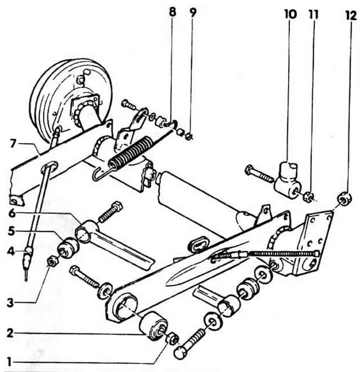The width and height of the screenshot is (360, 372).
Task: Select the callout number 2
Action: click(8, 332)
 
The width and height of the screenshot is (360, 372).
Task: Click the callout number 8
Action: click(172, 12)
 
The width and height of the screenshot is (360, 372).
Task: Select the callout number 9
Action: click(193, 12)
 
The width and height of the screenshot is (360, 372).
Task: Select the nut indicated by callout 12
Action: click(342, 198)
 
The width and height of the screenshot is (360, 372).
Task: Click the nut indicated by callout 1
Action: click(173, 339)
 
